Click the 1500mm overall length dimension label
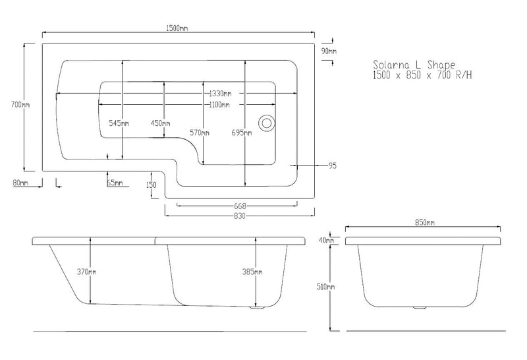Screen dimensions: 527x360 pyautogui.click(x=177, y=28)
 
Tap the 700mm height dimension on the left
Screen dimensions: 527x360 pyautogui.click(x=20, y=105)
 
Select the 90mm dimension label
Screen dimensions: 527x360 pyautogui.click(x=329, y=51)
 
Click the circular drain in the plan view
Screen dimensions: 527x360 pyautogui.click(x=267, y=123)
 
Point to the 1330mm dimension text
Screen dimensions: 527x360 pyautogui.click(x=220, y=93)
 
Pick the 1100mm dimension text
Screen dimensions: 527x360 pyautogui.click(x=219, y=105)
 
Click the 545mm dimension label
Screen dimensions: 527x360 pyautogui.click(x=119, y=123)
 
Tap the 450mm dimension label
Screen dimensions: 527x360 pyautogui.click(x=160, y=123)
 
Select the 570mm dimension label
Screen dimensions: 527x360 pyautogui.click(x=200, y=133)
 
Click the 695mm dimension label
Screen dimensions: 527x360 pyautogui.click(x=242, y=133)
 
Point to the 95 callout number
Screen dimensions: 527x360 pyautogui.click(x=332, y=165)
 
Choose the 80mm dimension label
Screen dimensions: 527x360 pyautogui.click(x=20, y=183)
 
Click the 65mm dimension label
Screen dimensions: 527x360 pyautogui.click(x=115, y=183)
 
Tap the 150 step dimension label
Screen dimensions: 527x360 pyautogui.click(x=152, y=185)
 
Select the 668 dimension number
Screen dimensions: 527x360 pyautogui.click(x=240, y=206)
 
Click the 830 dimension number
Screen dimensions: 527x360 pyautogui.click(x=240, y=216)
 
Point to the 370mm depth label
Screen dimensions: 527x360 pyautogui.click(x=86, y=272)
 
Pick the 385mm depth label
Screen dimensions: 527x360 pyautogui.click(x=252, y=272)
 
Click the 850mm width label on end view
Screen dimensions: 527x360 pyautogui.click(x=424, y=222)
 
